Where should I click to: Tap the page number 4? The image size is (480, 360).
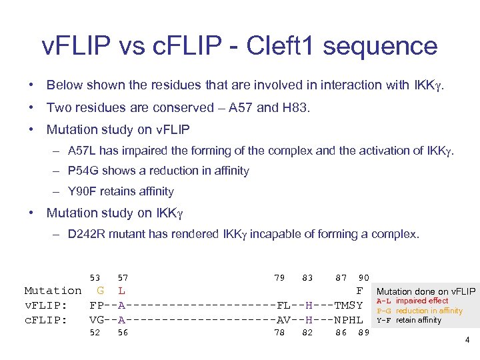[x=467, y=340]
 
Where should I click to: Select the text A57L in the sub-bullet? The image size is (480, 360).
[x=82, y=151]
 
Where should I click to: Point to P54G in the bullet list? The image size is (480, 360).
[x=83, y=171]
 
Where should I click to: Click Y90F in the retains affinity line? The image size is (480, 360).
[x=83, y=191]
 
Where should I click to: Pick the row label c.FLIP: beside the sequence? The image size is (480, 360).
[x=45, y=319]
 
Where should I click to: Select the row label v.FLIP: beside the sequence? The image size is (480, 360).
[x=45, y=305]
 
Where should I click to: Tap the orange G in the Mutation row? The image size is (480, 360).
[x=100, y=291]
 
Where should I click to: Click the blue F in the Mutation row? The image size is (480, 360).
[x=359, y=291]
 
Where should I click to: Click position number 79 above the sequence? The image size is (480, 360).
[x=279, y=277]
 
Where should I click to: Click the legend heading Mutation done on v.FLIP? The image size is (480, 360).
[x=426, y=291]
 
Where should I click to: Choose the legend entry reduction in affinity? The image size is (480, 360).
[x=429, y=311]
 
